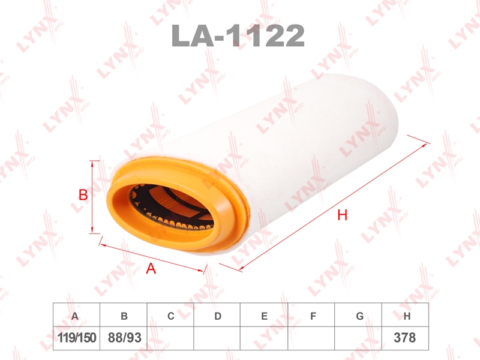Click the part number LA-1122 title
(238, 35)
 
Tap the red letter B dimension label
(83, 194)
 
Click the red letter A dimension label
(151, 268)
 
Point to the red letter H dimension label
(342, 215)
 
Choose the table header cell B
(124, 315)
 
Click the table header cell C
(170, 315)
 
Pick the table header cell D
(217, 315)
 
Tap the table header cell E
(264, 315)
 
